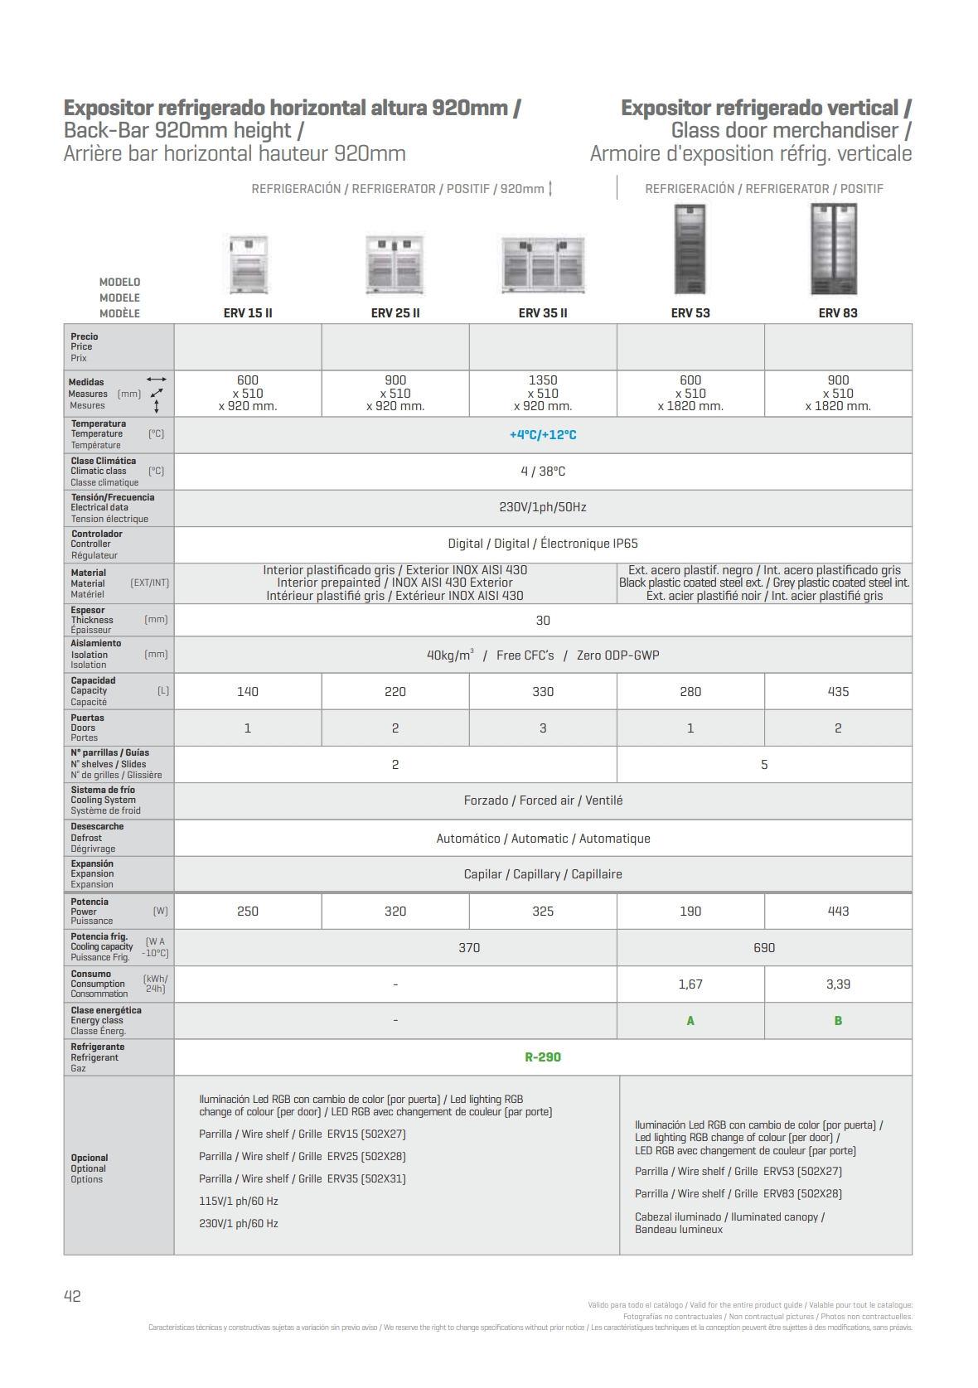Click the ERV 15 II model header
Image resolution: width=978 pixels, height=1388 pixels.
coord(248,313)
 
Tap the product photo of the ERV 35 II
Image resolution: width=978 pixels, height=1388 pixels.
coord(543,264)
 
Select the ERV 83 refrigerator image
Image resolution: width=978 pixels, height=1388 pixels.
coord(834,249)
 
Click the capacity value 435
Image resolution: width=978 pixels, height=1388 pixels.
coord(838,692)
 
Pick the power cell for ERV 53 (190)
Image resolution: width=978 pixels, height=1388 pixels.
coord(690,912)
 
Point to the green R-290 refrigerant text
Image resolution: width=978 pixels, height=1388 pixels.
coord(543,1057)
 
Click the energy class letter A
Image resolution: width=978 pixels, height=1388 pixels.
coord(690,1021)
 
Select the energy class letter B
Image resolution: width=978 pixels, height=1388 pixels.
coord(838,1021)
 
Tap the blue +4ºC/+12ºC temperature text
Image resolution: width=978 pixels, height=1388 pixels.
coord(543,435)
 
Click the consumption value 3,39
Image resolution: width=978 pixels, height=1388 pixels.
coord(838,984)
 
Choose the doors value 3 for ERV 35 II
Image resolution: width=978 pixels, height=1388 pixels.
coord(543,728)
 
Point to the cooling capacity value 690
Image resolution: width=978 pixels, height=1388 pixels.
coord(764,948)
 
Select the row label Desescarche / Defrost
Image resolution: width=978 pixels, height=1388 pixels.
coord(97,838)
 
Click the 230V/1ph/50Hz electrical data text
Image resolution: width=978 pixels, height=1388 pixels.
coord(543,507)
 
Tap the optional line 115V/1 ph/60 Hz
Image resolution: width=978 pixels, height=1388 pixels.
coord(239,1202)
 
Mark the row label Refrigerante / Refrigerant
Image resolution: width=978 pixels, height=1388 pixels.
coord(97,1057)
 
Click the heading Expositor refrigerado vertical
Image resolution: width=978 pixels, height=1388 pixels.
coord(766,108)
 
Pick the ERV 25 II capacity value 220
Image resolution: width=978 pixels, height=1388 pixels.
coord(395,692)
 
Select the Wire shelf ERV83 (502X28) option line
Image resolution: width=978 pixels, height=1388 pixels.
coord(738,1194)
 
